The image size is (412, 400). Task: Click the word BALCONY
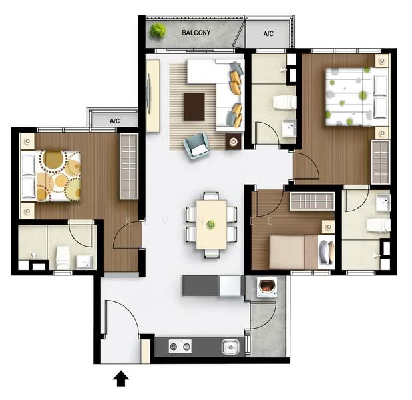196,32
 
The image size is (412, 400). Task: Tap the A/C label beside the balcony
268,33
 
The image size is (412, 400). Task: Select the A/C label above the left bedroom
114,121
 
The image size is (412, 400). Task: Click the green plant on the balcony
158,31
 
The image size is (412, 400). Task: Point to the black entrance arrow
120,379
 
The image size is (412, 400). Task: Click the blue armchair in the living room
196,145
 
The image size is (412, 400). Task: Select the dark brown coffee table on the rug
194,106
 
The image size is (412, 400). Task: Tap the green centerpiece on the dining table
210,225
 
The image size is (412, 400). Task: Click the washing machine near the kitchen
267,287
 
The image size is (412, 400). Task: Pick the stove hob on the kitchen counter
180,345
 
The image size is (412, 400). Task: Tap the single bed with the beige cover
293,250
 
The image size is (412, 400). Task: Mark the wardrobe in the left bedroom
128,166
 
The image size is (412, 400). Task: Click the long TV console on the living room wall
153,95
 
